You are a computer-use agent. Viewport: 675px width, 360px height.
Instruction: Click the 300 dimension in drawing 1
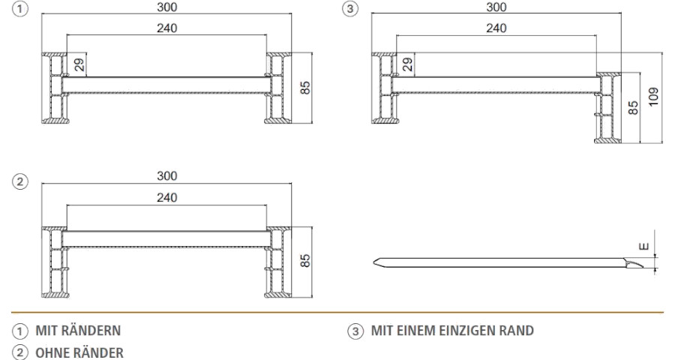click(166, 7)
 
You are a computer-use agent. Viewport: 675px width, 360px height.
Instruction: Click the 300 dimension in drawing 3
click(496, 7)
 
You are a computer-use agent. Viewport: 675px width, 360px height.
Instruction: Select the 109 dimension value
click(655, 97)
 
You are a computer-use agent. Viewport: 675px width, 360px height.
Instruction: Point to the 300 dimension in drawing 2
click(166, 175)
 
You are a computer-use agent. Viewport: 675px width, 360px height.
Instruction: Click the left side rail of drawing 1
click(54, 88)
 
